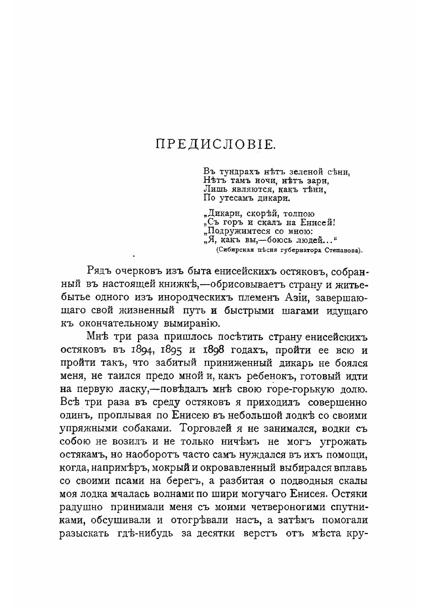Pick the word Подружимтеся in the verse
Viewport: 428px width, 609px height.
(x=238, y=231)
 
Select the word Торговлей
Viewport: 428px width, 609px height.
(x=215, y=429)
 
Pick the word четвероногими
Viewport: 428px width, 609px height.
(x=278, y=508)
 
